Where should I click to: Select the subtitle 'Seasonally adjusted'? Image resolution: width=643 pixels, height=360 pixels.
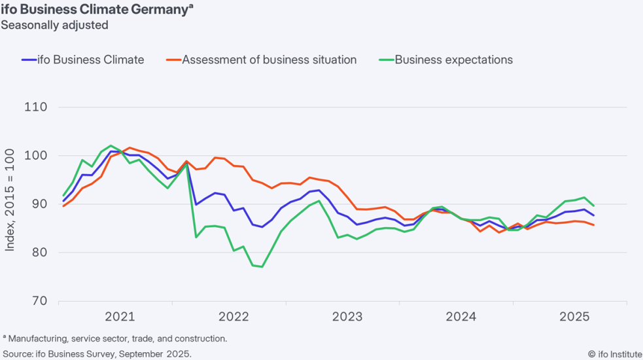[54, 25]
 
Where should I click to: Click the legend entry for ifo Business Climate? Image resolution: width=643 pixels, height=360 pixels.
[83, 60]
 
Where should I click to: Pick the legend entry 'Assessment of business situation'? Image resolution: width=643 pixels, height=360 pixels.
[261, 60]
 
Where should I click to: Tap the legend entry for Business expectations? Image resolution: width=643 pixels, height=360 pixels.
[445, 60]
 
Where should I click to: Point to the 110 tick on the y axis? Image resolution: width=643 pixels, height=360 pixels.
[36, 107]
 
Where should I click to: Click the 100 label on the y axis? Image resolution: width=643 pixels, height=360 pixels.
[36, 156]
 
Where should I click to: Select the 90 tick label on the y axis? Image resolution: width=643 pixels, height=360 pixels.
[39, 204]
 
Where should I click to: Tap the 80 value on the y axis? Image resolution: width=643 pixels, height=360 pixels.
[39, 253]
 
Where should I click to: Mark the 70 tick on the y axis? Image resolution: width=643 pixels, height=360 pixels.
[39, 301]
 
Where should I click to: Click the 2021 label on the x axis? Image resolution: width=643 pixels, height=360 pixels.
[120, 317]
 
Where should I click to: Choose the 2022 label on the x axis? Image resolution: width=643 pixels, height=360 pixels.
[234, 317]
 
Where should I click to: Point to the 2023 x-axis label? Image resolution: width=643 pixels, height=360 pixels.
[347, 317]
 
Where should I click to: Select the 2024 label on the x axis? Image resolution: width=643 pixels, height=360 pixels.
[461, 317]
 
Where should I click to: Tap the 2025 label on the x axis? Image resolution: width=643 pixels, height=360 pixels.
[574, 317]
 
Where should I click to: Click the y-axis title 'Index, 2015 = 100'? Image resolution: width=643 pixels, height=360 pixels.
[9, 200]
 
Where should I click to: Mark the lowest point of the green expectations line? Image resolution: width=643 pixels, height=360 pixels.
[262, 267]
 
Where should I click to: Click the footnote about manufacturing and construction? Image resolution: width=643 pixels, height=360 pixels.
[115, 338]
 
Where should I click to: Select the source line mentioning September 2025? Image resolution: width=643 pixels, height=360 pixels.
[97, 354]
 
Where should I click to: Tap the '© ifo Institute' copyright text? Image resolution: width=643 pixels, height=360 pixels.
[615, 354]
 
